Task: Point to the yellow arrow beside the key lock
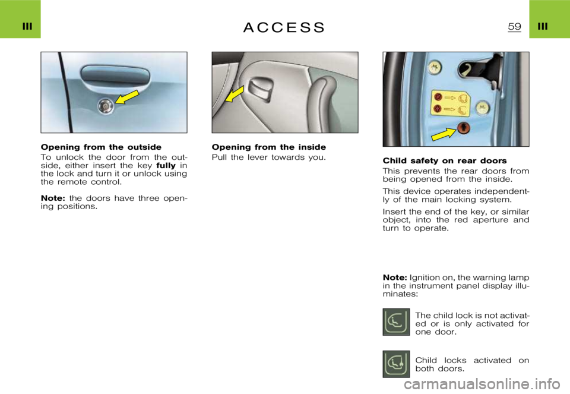(x=129, y=96)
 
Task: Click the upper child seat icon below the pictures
(x=396, y=321)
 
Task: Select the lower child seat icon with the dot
(x=396, y=364)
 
